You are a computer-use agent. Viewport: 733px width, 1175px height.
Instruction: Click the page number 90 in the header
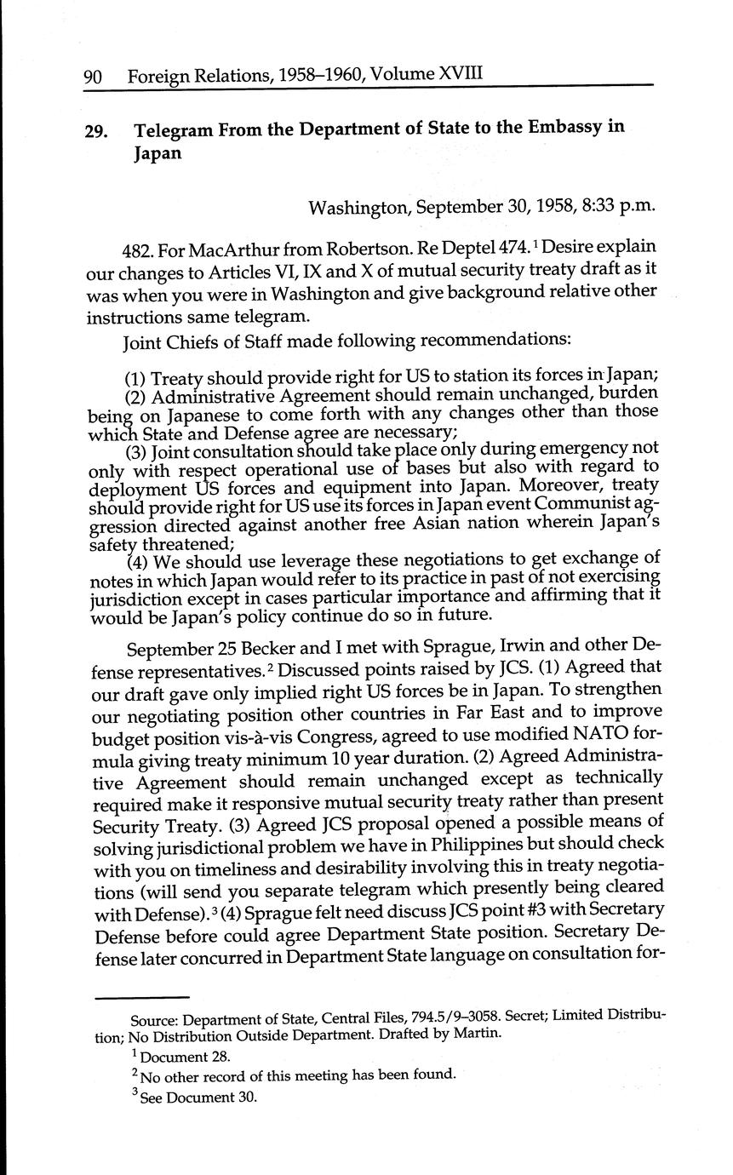point(93,77)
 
